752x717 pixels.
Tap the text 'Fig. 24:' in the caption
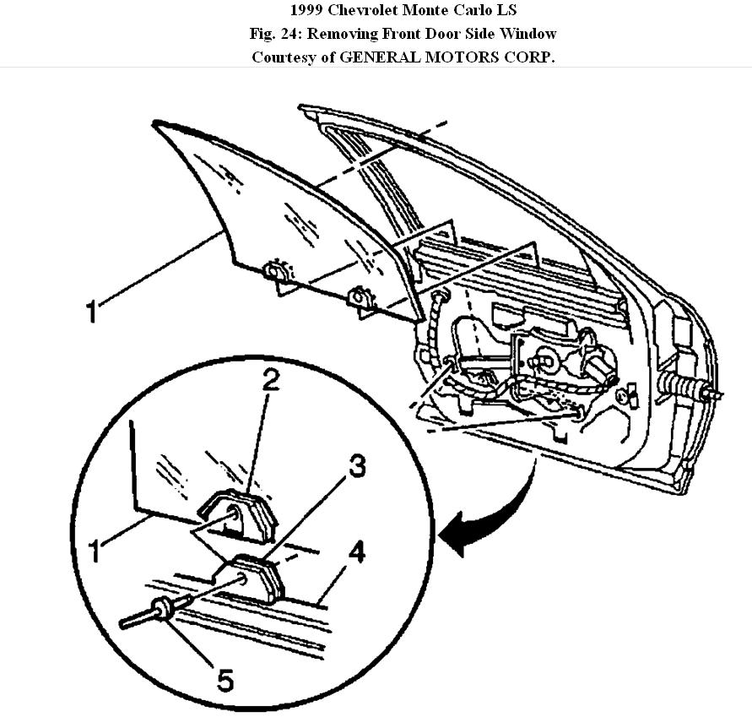[x=275, y=34]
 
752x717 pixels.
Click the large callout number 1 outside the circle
[x=93, y=311]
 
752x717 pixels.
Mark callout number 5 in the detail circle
[x=225, y=679]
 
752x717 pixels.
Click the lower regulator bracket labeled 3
[x=257, y=578]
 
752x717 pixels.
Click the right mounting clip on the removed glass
[x=360, y=298]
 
